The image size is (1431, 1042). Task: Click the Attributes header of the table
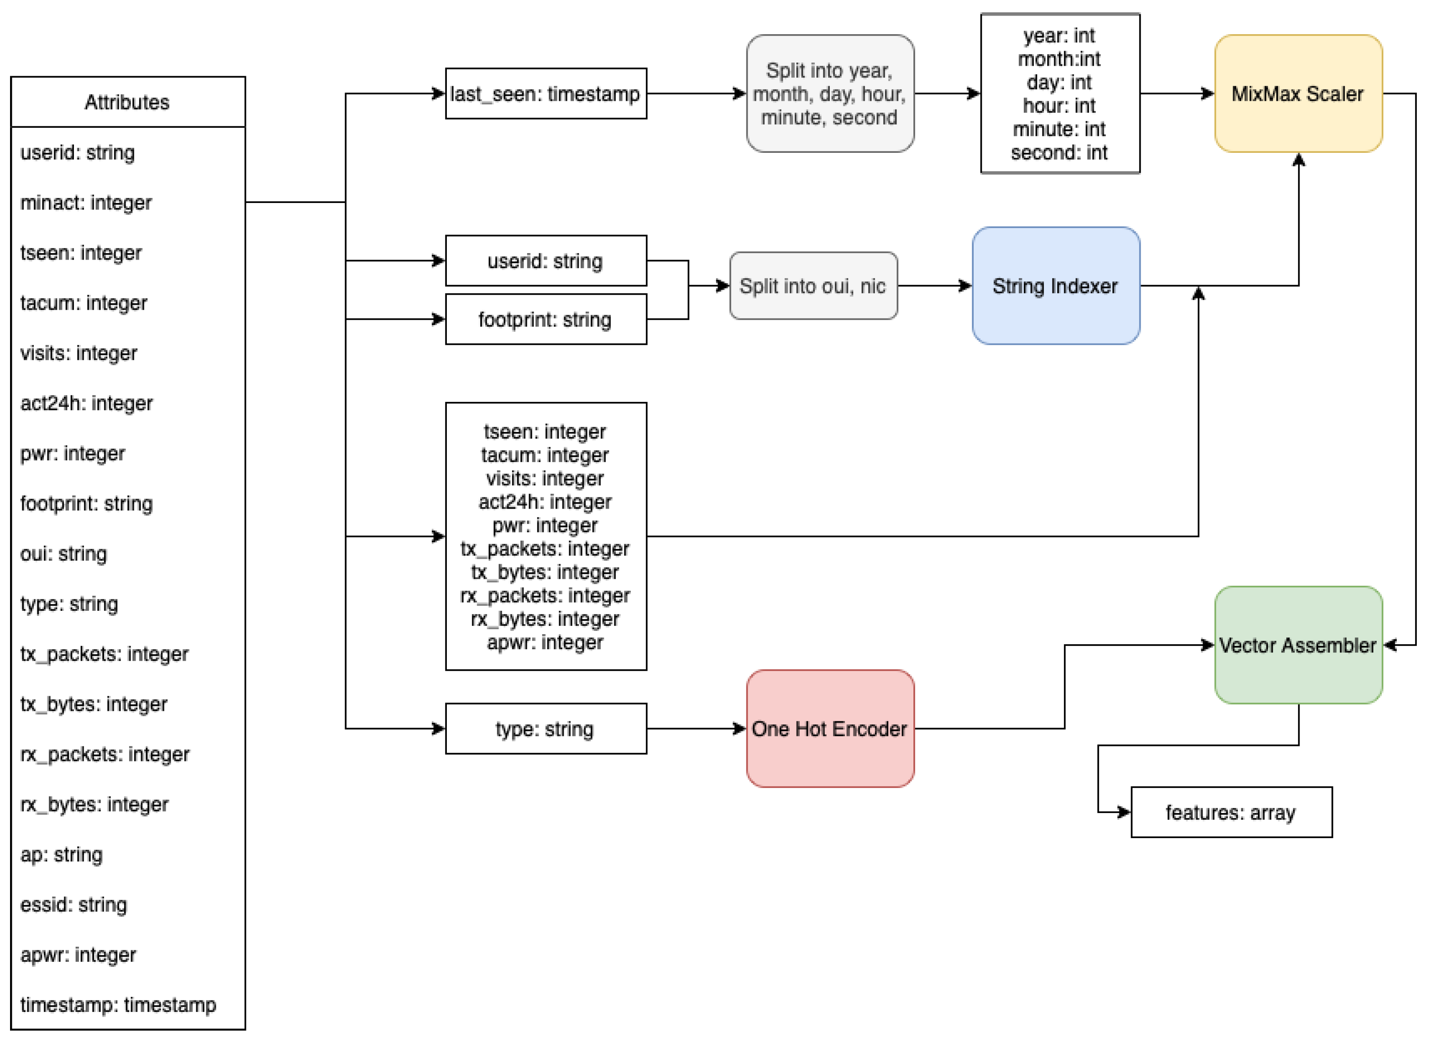pyautogui.click(x=127, y=102)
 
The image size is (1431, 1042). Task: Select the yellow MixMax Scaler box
pyautogui.click(x=1297, y=94)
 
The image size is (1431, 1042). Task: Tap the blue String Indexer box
pyautogui.click(x=1055, y=286)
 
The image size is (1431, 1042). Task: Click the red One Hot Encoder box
pyautogui.click(x=829, y=729)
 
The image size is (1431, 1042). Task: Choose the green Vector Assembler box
pyautogui.click(x=1297, y=645)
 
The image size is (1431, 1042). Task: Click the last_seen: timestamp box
pyautogui.click(x=545, y=94)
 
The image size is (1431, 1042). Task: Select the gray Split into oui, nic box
pyautogui.click(x=812, y=286)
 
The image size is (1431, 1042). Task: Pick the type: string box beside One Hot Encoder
pyautogui.click(x=545, y=729)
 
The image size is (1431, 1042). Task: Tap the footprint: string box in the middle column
pyautogui.click(x=545, y=319)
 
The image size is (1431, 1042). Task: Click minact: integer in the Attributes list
pyautogui.click(x=86, y=203)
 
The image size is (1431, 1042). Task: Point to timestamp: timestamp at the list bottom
pyautogui.click(x=118, y=1004)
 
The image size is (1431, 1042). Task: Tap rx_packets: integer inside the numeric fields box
pyautogui.click(x=545, y=595)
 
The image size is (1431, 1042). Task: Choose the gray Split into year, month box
pyautogui.click(x=829, y=94)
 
